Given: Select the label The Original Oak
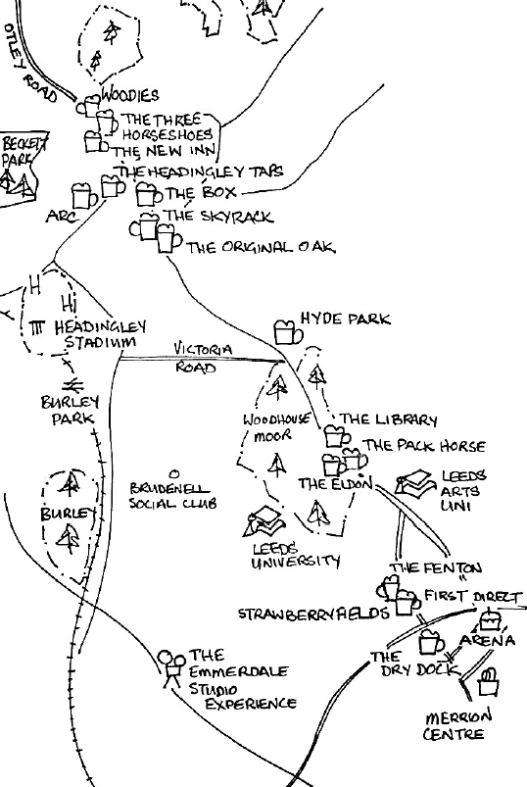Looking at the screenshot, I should coord(260,248).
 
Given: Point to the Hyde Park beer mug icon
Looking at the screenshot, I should coord(286,329).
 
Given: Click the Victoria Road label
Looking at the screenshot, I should coord(203,358).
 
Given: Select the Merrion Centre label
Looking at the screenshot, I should coord(457,725).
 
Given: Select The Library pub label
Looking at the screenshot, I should coord(388,420).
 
